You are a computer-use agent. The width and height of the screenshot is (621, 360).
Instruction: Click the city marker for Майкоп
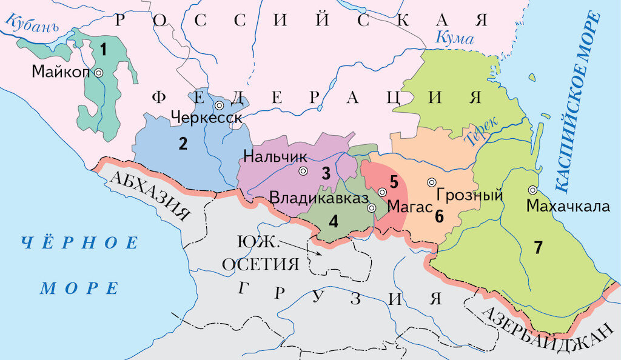98,72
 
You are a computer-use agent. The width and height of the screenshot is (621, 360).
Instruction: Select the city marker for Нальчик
303,171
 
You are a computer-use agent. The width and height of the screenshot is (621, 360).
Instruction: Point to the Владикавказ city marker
372,208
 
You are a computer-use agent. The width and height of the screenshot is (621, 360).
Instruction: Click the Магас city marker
382,192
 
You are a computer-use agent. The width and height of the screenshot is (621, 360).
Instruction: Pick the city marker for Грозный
432,182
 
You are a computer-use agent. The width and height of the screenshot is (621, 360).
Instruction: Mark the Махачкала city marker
532,190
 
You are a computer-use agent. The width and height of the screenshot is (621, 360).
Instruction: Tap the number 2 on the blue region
182,144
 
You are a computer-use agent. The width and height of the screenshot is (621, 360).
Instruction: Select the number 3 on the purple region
326,174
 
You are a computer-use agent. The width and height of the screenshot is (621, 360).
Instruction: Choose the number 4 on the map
334,221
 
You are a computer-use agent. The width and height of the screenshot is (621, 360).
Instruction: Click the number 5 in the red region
394,181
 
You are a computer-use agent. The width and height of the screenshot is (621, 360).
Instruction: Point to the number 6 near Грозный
439,215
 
